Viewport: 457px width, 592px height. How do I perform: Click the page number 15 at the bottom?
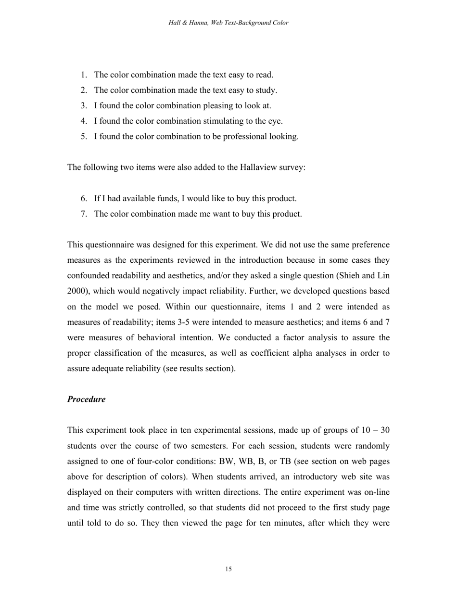click(x=228, y=569)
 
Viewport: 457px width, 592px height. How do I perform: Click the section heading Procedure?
click(x=86, y=399)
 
